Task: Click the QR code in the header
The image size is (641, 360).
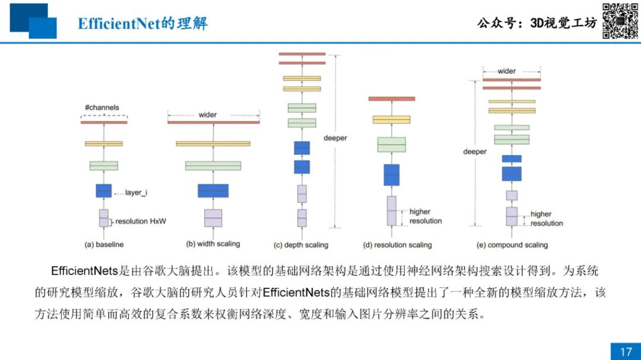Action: coord(620,21)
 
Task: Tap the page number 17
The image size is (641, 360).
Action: coord(626,352)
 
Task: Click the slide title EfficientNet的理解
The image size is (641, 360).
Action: coord(142,23)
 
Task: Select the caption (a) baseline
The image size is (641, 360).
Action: coord(104,244)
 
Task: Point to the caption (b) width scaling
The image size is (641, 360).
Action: coord(213,244)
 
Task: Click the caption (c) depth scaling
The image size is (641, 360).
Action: coord(301,245)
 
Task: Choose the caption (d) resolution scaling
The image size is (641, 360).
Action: coord(397,245)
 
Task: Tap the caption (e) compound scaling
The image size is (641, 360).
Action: coord(512,245)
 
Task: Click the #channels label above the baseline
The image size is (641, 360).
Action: coord(102,107)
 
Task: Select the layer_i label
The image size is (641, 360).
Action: coord(136,193)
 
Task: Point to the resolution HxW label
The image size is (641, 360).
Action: coord(141,221)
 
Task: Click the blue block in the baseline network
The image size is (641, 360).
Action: coord(104,191)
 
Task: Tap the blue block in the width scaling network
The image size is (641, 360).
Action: coord(213,191)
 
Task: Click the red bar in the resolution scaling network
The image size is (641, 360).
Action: coord(392,99)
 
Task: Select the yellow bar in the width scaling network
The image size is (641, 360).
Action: coord(213,144)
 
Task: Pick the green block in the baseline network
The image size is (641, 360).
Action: coord(104,165)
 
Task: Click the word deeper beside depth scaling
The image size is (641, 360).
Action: coord(335,138)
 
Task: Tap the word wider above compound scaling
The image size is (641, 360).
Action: coord(506,71)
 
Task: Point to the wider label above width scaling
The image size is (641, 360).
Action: coord(208,115)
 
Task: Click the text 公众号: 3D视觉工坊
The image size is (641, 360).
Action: coord(537,23)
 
